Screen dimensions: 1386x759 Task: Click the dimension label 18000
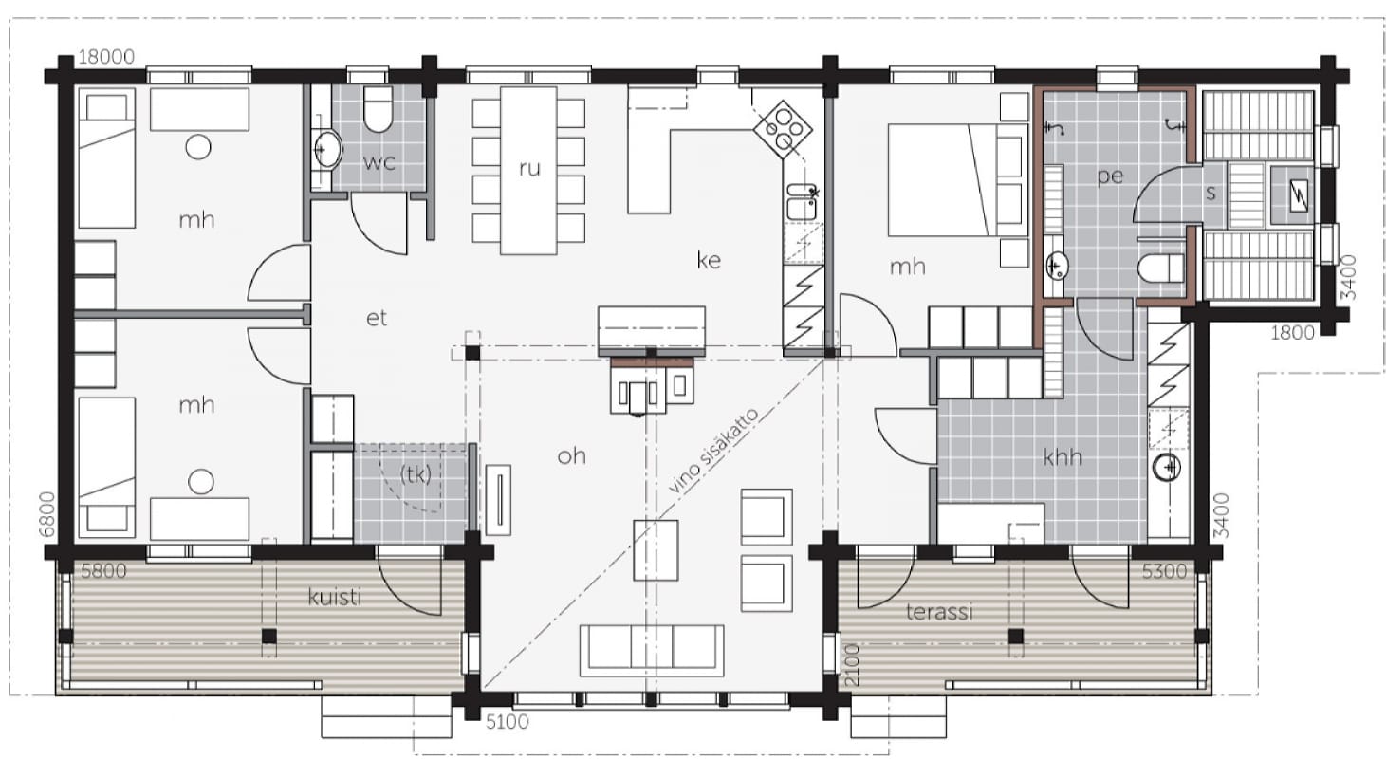tap(106, 57)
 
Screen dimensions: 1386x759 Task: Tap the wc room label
tap(379, 162)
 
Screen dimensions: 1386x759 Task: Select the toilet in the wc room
tap(379, 109)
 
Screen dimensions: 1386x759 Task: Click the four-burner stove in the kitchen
tap(783, 130)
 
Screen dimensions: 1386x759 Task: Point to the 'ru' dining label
tap(529, 168)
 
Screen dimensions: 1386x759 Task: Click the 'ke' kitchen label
tap(709, 260)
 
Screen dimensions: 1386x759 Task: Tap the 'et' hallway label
tap(377, 318)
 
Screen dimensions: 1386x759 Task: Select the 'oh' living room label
tap(571, 456)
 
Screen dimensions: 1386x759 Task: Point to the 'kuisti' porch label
tap(334, 597)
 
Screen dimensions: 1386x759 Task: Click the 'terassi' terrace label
tap(939, 612)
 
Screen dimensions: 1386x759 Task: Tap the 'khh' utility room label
tap(1063, 457)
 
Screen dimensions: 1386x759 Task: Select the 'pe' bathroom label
tap(1110, 176)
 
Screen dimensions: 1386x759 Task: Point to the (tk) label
tap(416, 475)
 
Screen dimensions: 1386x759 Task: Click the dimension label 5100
tap(508, 722)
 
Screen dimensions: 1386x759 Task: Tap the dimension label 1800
tap(1293, 333)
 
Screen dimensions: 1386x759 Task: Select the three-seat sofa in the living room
tap(652, 650)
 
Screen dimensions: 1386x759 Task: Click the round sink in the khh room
tap(1167, 467)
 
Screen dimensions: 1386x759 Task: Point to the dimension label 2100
tap(852, 665)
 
